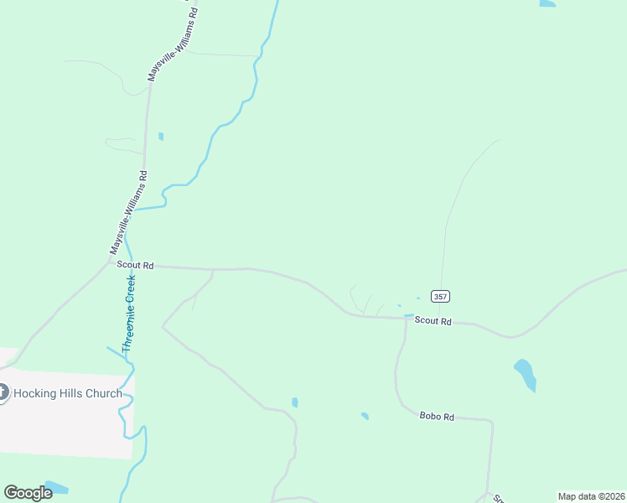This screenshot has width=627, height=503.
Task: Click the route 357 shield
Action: [440, 297]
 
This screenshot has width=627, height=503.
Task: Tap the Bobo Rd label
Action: [437, 416]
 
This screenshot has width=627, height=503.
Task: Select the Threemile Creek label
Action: [128, 313]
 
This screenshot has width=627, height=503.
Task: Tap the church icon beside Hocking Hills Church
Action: [3, 392]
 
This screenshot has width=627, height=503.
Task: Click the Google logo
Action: [28, 492]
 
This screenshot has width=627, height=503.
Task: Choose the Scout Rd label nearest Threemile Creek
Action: [135, 265]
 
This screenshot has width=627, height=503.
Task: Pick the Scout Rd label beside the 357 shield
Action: [433, 321]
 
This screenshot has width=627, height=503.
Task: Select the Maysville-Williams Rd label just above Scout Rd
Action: [128, 213]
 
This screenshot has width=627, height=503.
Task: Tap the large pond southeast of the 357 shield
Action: [526, 374]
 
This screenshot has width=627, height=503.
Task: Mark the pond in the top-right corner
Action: [547, 3]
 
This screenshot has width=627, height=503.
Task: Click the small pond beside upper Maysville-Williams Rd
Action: [160, 136]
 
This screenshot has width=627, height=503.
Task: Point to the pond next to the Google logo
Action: [55, 487]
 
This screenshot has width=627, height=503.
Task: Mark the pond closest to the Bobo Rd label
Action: [365, 415]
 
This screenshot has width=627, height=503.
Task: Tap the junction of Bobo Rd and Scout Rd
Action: [406, 319]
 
